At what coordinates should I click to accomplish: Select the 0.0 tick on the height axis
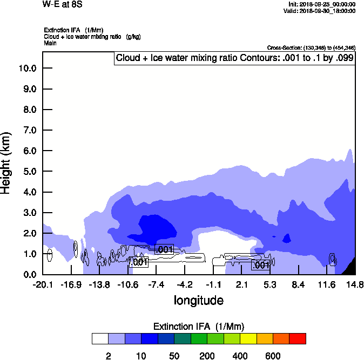point(28,274)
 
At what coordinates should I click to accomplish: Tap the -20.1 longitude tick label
point(43,284)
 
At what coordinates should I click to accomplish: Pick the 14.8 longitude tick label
point(355,284)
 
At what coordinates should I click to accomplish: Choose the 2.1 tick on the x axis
point(241,284)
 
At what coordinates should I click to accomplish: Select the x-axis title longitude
point(199,300)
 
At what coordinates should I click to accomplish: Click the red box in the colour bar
point(298,338)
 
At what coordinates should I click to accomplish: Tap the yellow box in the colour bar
point(248,338)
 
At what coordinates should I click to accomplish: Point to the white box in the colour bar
point(100,338)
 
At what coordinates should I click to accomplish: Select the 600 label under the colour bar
point(273,356)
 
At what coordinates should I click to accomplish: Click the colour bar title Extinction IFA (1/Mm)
point(199,326)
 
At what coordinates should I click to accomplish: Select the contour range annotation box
point(234,58)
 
